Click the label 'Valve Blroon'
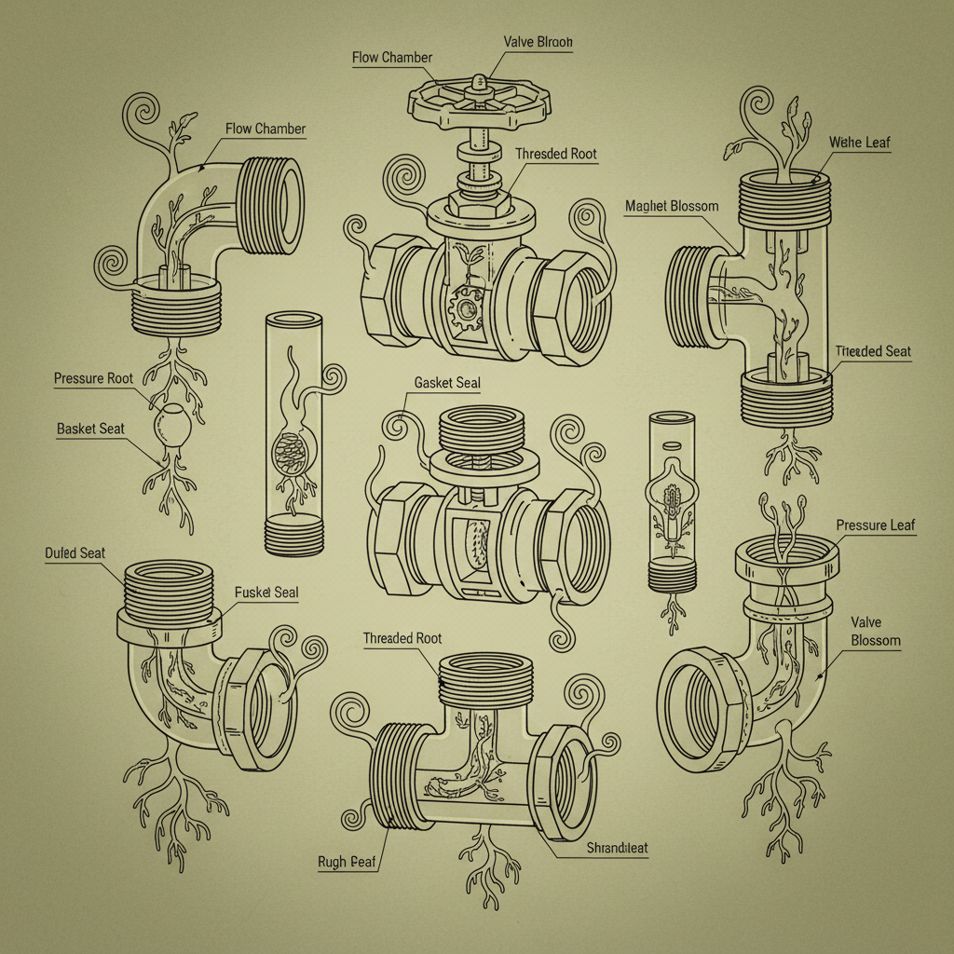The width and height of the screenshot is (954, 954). point(538,42)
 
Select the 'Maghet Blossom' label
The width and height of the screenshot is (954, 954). point(672,205)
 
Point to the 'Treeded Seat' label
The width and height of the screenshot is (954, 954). point(873,351)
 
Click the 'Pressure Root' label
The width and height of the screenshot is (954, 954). point(93,378)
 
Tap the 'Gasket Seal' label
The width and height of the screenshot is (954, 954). point(446,384)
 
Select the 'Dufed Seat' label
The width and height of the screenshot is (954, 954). point(75,552)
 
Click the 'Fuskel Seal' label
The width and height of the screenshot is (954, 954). point(266,593)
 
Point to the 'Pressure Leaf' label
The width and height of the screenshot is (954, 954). point(876,525)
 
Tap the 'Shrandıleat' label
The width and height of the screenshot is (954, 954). point(618,848)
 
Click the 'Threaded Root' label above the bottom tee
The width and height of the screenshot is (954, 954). point(402,638)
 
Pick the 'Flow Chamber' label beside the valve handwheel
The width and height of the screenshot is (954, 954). point(392,58)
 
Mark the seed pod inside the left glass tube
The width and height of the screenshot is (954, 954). point(287,456)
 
